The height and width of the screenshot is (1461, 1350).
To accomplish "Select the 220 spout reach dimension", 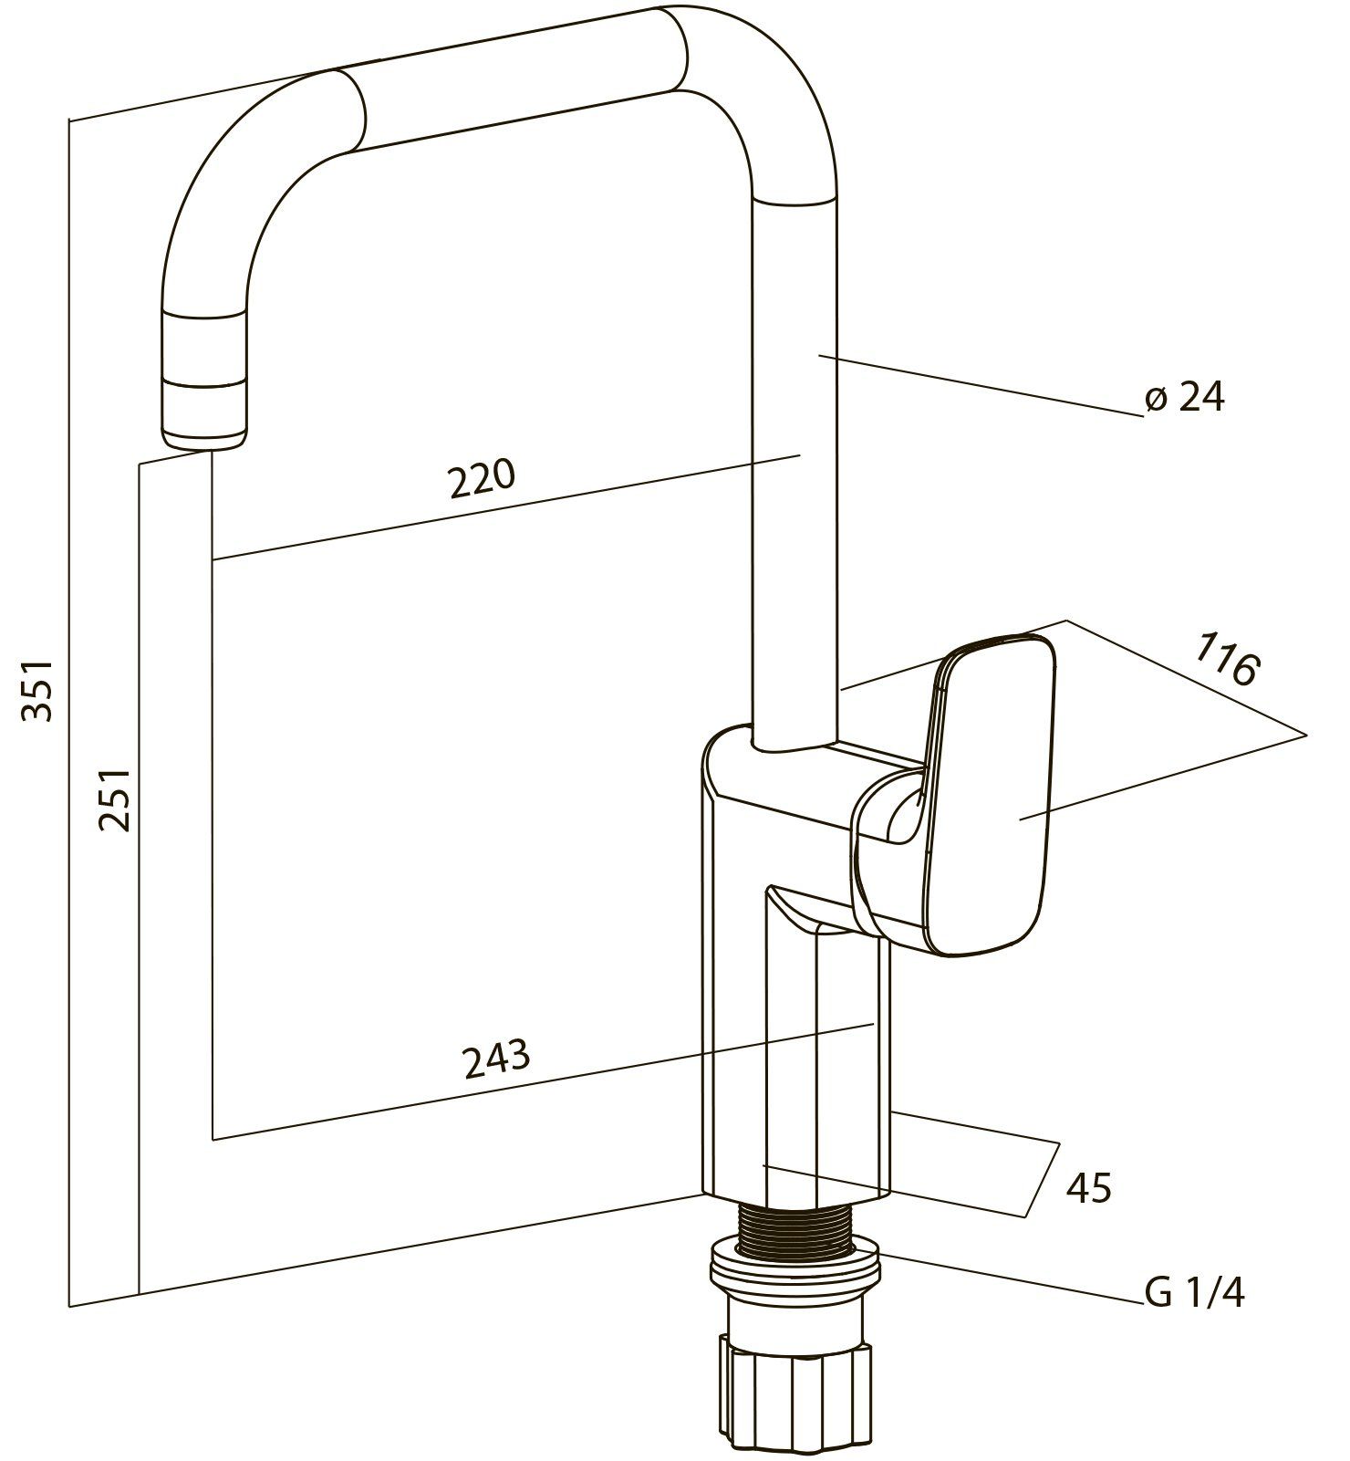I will click(x=482, y=478).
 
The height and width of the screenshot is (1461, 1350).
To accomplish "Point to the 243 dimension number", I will click(x=496, y=1058).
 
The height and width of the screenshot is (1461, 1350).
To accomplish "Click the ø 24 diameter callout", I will click(x=1184, y=398).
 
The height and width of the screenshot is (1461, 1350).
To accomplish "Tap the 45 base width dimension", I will click(x=1088, y=1188).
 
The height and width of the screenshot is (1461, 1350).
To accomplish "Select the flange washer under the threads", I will click(x=795, y=1268).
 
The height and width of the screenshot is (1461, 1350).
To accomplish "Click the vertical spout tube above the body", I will click(x=793, y=456).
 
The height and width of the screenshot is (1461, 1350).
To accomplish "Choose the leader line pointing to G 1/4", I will click(x=1012, y=1278).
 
